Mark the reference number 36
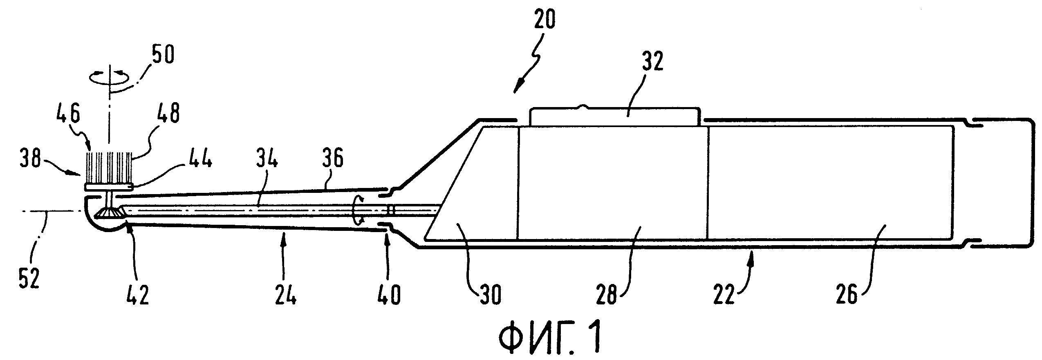tap(333, 160)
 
